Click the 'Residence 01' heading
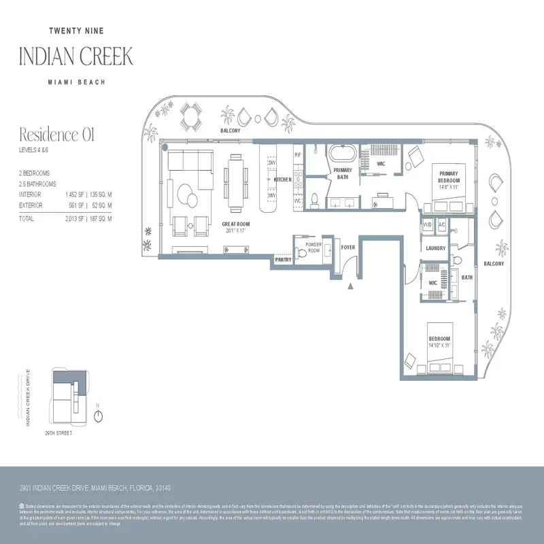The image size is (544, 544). [56, 134]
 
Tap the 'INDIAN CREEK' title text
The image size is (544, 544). [75, 56]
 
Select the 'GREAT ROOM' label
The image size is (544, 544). [235, 224]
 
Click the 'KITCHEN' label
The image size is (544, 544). [282, 180]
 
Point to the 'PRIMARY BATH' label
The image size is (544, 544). [343, 173]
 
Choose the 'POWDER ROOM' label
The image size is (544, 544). [313, 248]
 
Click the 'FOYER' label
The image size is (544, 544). [348, 248]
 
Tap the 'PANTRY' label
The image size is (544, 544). [283, 260]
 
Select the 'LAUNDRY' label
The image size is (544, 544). [435, 248]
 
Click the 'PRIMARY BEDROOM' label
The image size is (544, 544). [449, 176]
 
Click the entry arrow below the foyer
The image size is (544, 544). [350, 286]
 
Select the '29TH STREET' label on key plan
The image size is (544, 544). [58, 432]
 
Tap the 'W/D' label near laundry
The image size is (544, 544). [428, 224]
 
